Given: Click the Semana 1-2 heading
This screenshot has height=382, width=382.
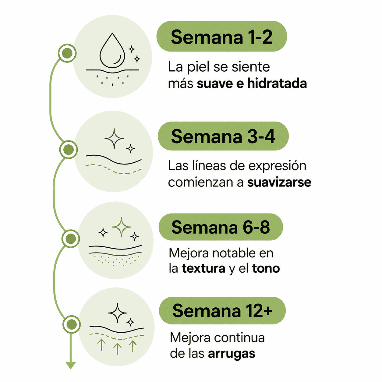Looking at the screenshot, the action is tap(221, 37).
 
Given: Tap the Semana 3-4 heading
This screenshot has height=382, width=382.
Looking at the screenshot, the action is tap(223, 136).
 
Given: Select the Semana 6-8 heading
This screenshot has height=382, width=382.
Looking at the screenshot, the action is tap(221, 227).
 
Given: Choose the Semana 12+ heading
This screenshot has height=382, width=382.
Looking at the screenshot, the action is tap(222, 311).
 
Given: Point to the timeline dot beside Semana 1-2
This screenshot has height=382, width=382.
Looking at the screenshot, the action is tap(67, 53).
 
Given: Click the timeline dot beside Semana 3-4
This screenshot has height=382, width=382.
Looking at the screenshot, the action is tap(69, 150).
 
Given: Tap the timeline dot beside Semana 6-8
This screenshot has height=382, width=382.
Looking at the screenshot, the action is tap(71, 239).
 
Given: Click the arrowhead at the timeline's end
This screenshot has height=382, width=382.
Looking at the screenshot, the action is tap(71, 365).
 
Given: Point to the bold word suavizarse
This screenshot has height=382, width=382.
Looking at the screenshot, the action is tap(279, 182).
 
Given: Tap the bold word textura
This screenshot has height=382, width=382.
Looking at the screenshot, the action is tap(203, 268).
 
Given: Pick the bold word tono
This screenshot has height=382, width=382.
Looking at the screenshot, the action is tap(266, 268).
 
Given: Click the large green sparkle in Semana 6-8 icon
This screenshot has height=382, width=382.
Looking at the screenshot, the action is tap(121, 227).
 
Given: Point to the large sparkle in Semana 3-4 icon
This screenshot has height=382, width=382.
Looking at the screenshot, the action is tap(114, 139).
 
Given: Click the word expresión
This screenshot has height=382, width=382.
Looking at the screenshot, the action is tap(277, 166).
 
